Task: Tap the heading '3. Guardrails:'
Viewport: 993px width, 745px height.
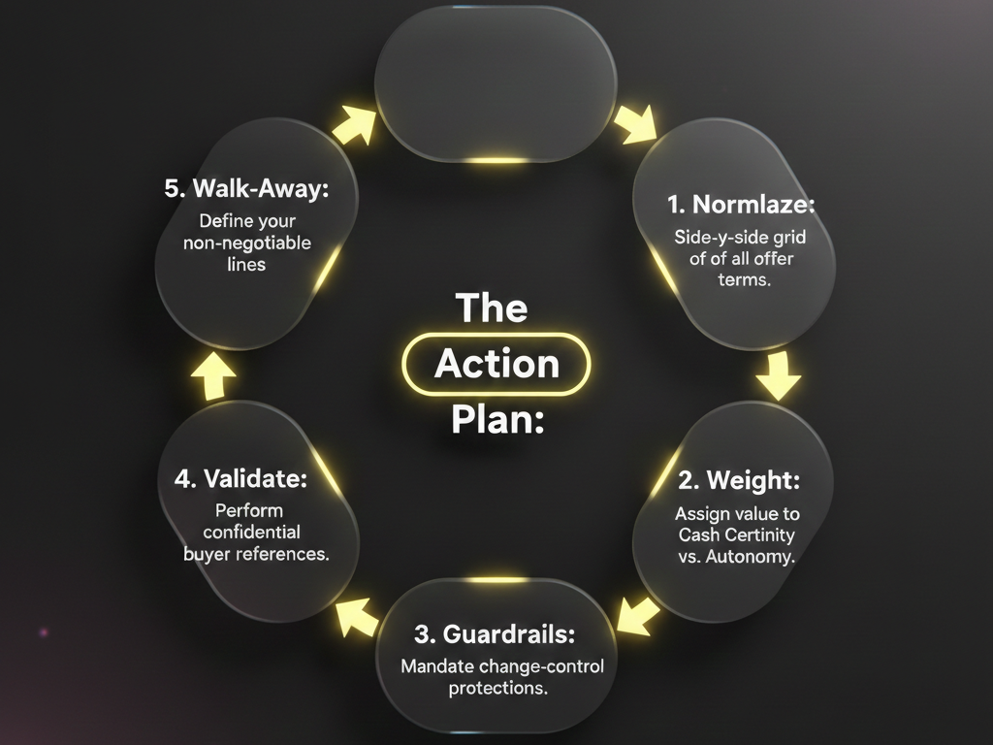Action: (495, 634)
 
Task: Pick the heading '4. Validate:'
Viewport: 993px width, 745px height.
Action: (241, 478)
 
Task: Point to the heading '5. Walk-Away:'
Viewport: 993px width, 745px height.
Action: (247, 188)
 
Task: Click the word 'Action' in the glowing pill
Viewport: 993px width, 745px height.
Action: (496, 364)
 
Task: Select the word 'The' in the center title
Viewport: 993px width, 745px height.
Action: (492, 308)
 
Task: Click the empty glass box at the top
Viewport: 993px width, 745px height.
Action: (496, 82)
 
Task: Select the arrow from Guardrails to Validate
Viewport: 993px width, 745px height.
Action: (357, 615)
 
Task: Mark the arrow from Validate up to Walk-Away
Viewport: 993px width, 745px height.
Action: (213, 378)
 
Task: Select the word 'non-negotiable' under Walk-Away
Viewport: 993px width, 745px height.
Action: (247, 243)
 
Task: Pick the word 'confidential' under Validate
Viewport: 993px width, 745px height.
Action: (250, 532)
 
